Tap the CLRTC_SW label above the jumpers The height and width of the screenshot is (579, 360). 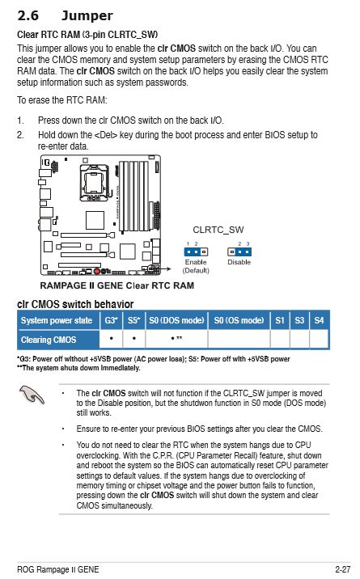218,230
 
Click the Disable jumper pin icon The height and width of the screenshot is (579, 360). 239,251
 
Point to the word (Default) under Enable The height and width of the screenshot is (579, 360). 196,270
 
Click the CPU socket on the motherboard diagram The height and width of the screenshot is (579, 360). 91,186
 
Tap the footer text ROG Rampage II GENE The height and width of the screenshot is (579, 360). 58,569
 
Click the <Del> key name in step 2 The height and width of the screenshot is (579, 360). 107,134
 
